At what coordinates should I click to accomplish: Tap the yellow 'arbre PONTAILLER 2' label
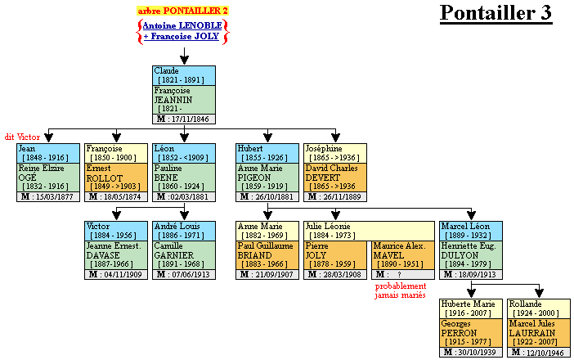pos(182,11)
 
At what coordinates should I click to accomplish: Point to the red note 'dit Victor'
pos(22,136)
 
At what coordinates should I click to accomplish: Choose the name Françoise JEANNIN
pos(183,100)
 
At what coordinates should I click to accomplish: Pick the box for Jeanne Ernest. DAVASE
pos(115,254)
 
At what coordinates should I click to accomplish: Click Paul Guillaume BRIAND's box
pos(267,254)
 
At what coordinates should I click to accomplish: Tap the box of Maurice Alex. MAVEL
pos(402,254)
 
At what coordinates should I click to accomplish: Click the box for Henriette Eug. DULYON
pos(471,254)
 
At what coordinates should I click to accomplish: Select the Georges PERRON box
pos(472,332)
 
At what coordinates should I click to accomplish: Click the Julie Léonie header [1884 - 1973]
pos(369,230)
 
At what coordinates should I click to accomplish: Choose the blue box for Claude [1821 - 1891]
pos(183,75)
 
